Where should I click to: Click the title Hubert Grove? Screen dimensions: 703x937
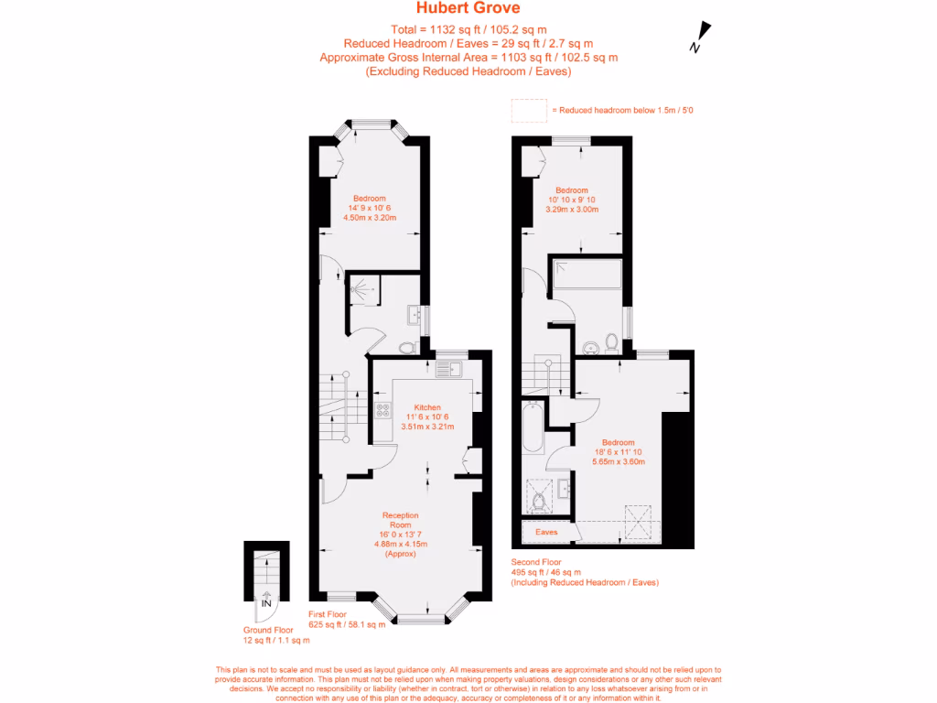(x=468, y=9)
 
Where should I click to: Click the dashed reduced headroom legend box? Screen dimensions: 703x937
(x=529, y=110)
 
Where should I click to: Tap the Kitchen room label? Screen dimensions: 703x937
(x=427, y=407)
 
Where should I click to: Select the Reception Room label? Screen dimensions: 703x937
(x=401, y=521)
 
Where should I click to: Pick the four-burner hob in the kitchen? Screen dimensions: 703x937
(x=380, y=411)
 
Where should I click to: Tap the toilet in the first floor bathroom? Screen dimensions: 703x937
(x=407, y=348)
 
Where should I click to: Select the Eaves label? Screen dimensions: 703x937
(x=546, y=532)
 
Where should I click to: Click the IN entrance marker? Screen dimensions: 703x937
(x=266, y=604)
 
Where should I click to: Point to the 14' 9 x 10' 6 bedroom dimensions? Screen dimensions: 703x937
(x=370, y=209)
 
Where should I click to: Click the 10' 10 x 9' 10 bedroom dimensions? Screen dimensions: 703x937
(x=571, y=200)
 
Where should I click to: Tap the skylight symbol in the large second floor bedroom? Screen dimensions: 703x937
(x=636, y=524)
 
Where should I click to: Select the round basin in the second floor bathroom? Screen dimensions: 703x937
(x=591, y=347)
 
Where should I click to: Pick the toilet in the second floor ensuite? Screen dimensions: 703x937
(x=540, y=500)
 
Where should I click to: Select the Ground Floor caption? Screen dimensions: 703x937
(x=267, y=630)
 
